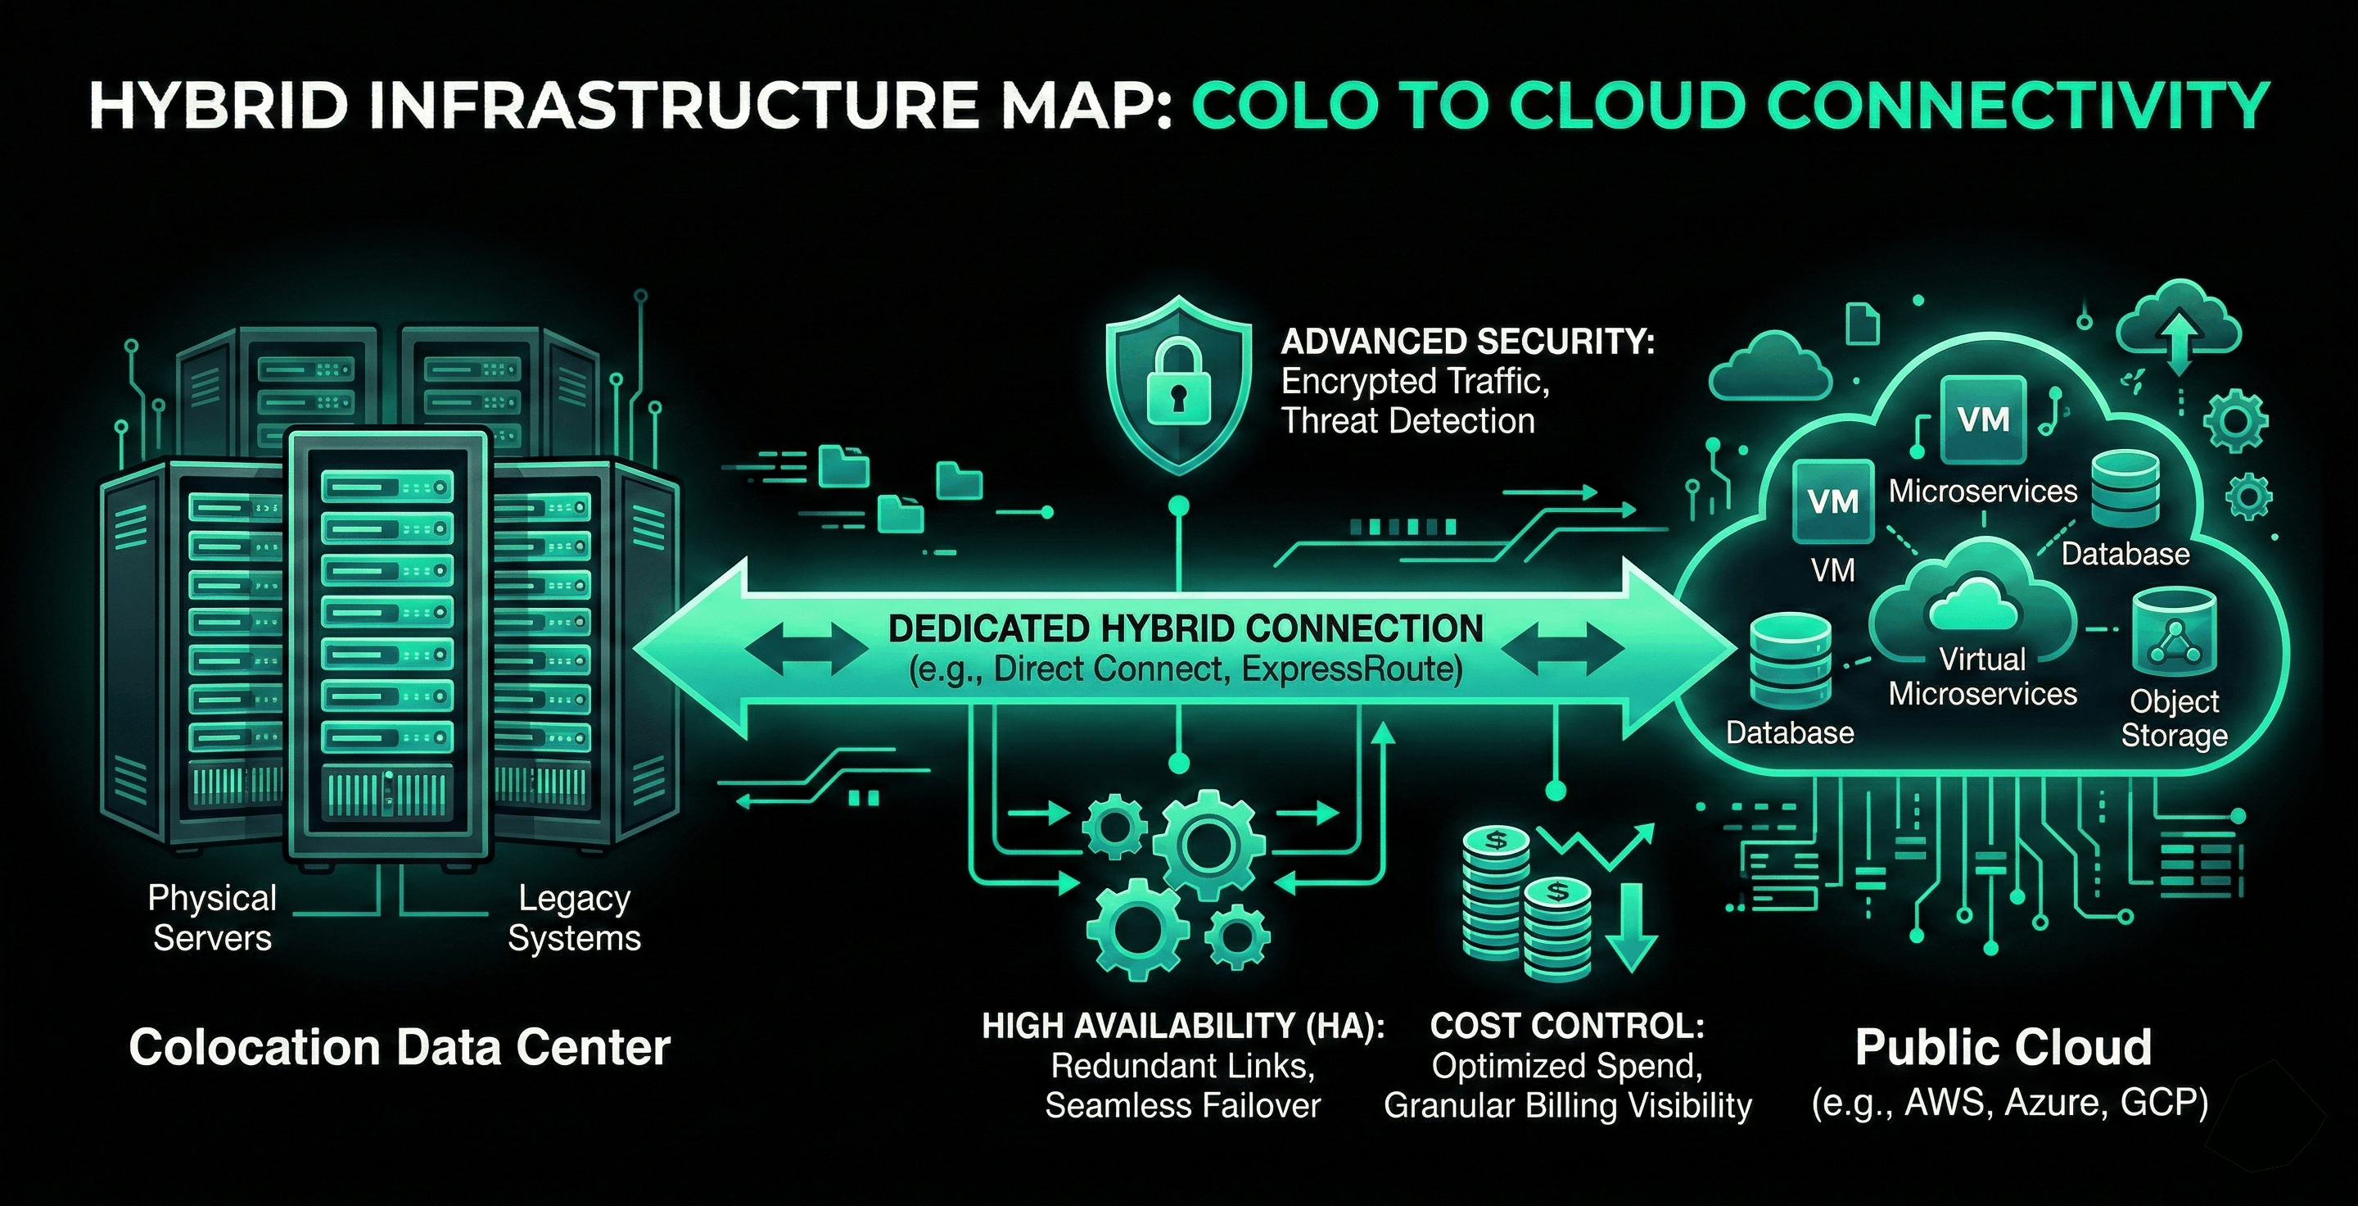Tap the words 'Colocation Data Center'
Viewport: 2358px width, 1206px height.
click(400, 1048)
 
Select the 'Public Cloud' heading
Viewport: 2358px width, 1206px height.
click(2003, 1048)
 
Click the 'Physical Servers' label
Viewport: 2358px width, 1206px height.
click(212, 918)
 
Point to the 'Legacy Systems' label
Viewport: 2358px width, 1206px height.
click(574, 918)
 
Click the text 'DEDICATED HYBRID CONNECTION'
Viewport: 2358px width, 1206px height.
click(1186, 629)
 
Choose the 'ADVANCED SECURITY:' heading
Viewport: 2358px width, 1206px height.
click(1467, 342)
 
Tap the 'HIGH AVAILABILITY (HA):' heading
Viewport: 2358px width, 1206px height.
click(1182, 1027)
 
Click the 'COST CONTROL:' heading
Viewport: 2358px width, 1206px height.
click(1567, 1027)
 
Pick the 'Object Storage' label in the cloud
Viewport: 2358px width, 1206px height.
click(2174, 718)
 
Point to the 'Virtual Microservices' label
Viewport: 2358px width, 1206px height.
click(1983, 676)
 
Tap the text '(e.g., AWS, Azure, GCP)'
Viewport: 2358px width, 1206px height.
click(2009, 1103)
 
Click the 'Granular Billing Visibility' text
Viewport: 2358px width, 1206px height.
click(1567, 1105)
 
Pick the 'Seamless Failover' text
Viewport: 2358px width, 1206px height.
click(1182, 1105)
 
